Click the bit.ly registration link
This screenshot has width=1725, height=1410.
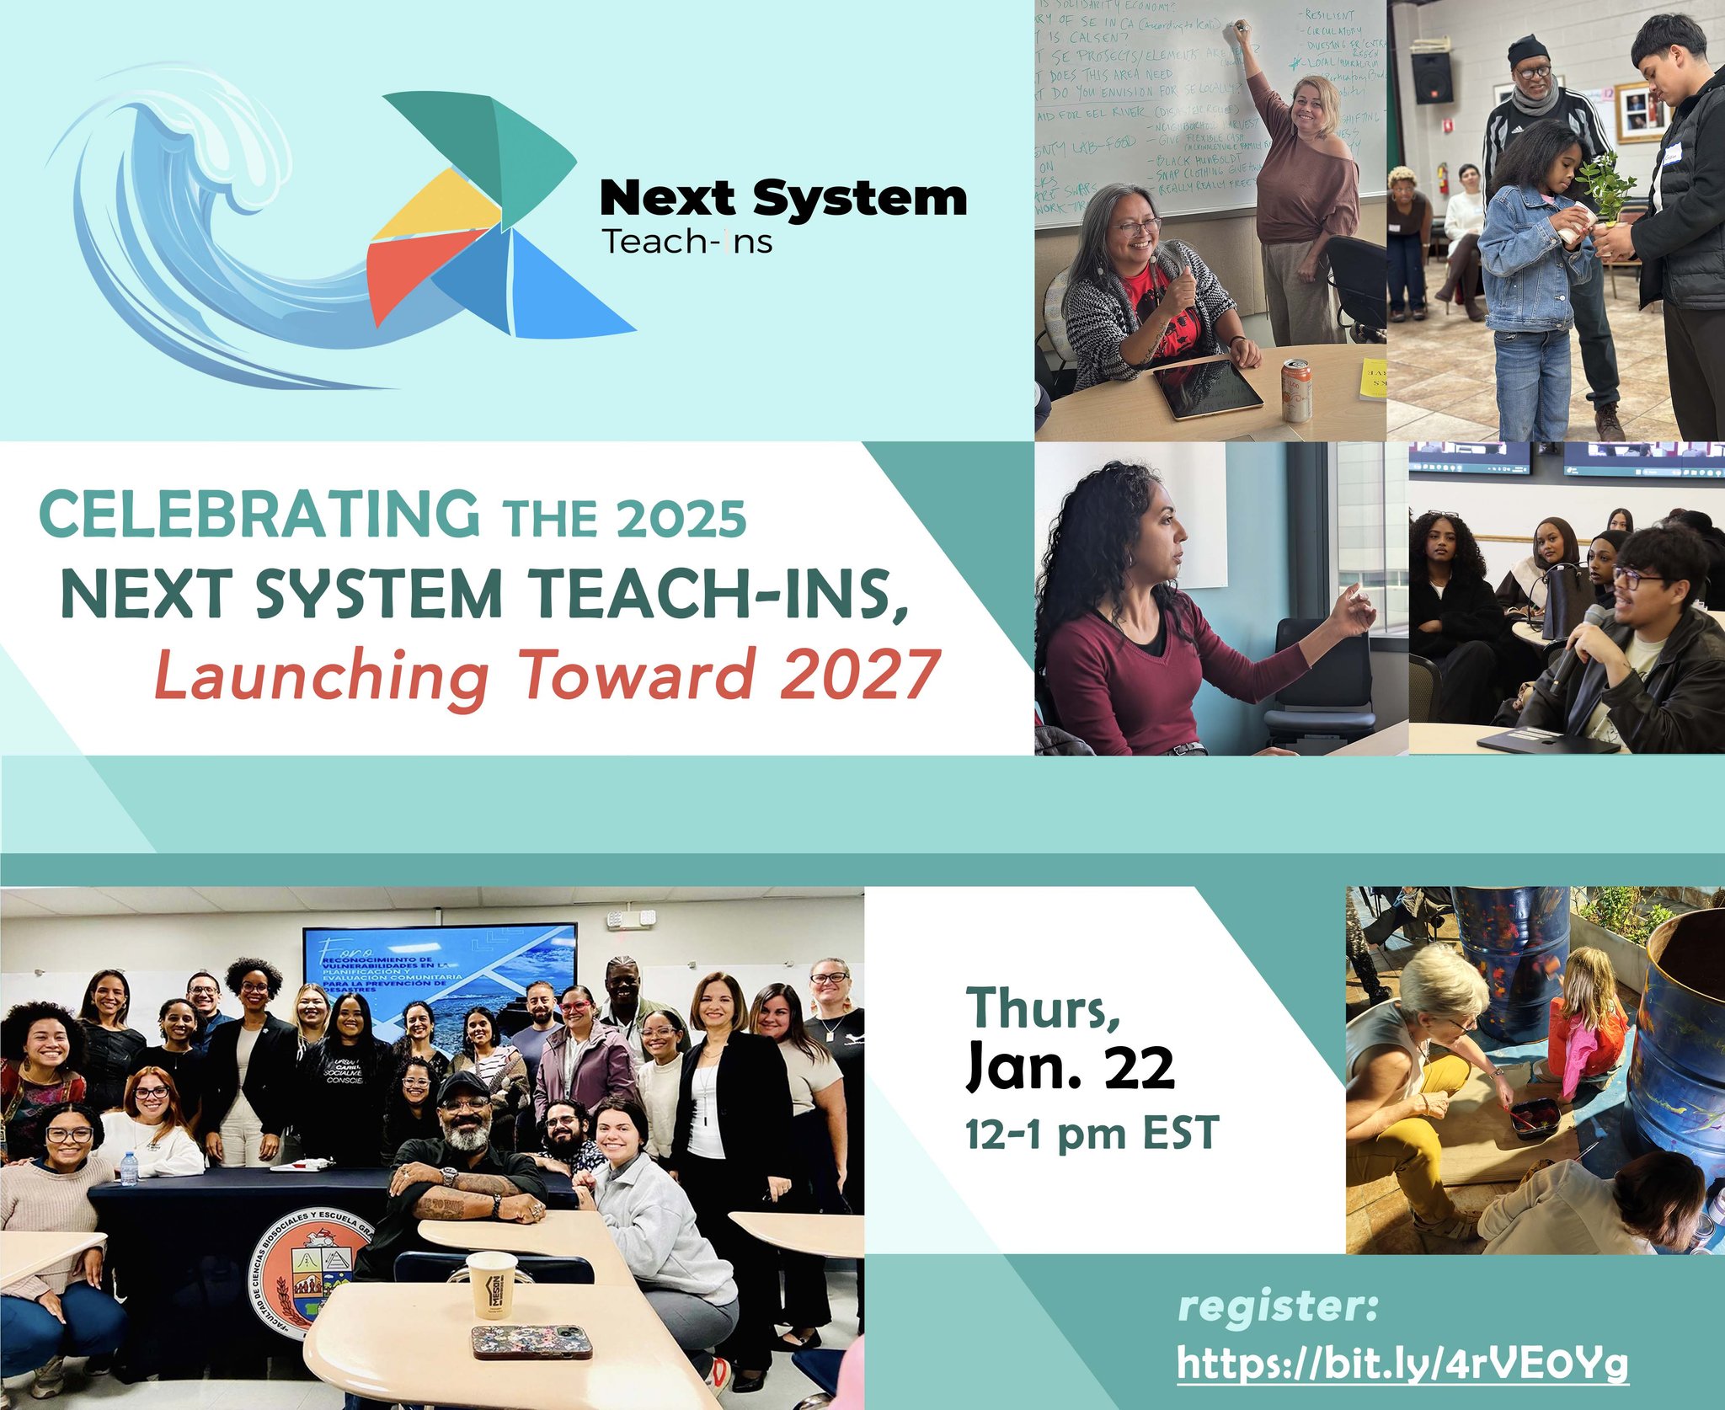pos(1402,1363)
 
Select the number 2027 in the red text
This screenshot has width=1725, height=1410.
pos(858,675)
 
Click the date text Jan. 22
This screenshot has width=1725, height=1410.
pos(1070,1067)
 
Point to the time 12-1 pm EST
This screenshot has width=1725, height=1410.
pos(1092,1133)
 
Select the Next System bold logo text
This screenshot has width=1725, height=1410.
pos(782,200)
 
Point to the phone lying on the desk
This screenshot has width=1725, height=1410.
pos(529,1341)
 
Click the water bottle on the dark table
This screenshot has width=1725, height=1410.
pos(128,1168)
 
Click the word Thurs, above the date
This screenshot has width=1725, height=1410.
pos(1043,1008)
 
